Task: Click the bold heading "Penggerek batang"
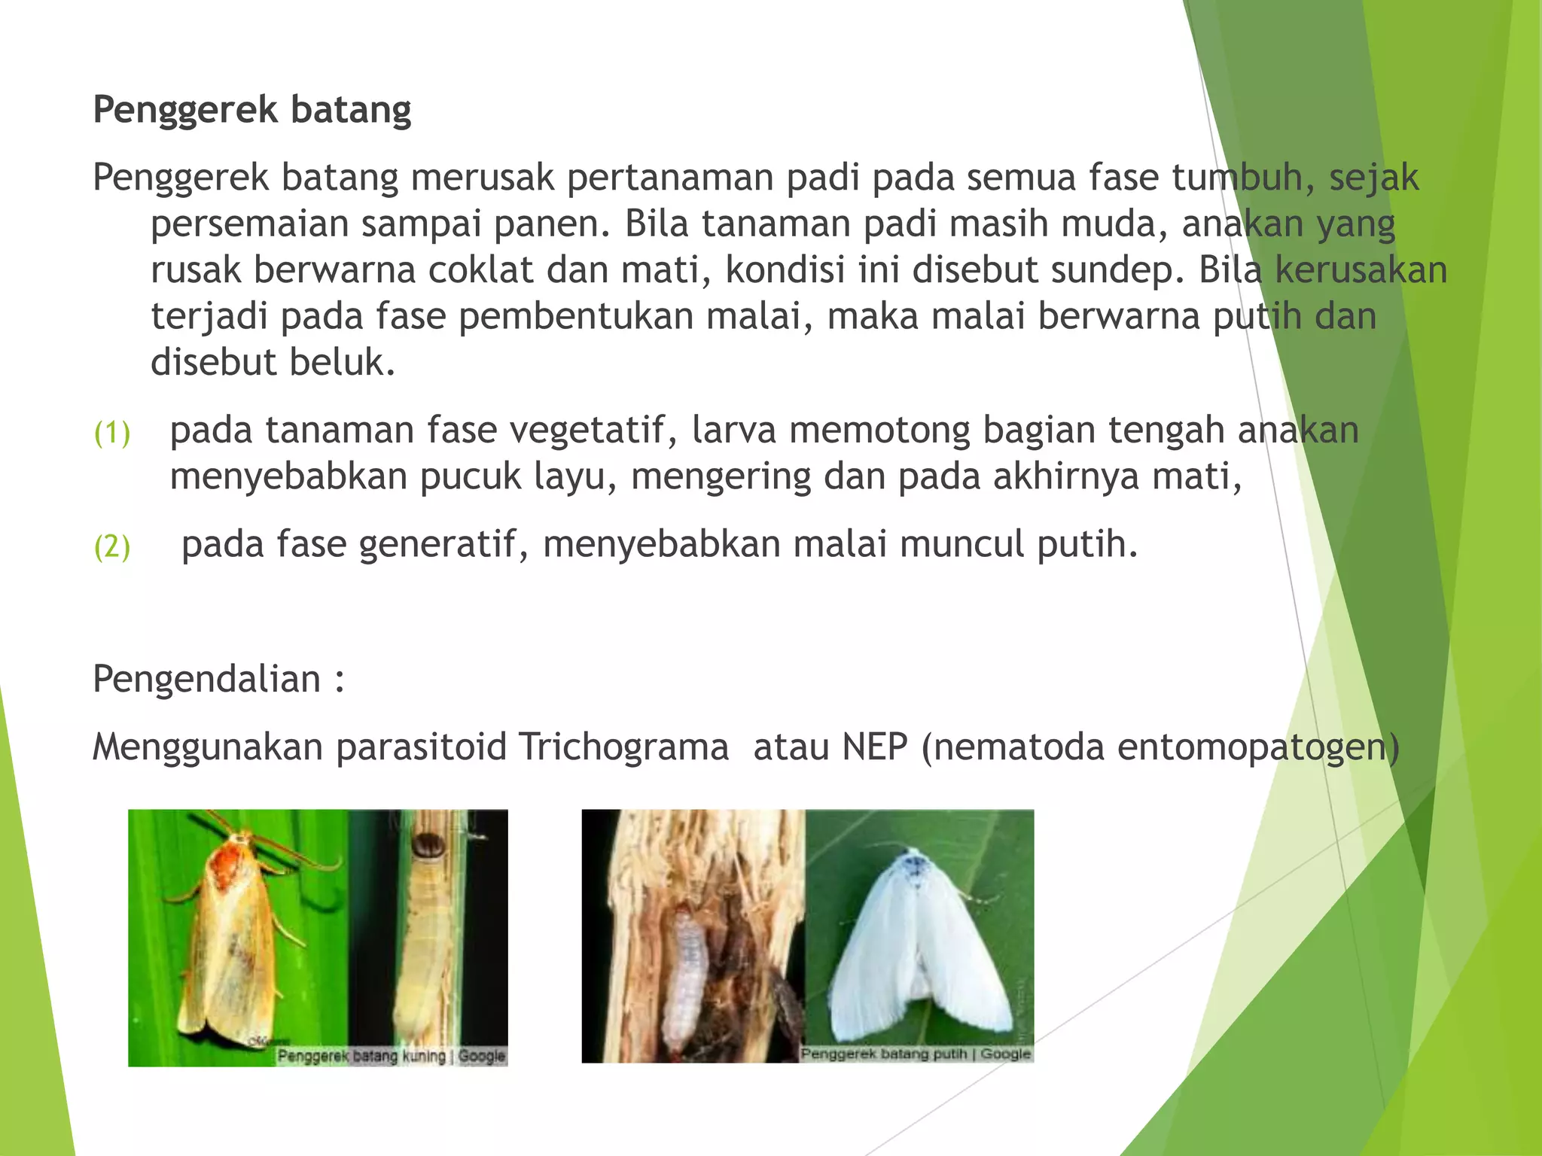click(251, 110)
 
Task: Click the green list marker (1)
click(112, 433)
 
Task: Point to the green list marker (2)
click(112, 546)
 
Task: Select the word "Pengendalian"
click(207, 680)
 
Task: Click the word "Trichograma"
click(623, 747)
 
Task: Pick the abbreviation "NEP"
click(875, 747)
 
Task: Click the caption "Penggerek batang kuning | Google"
click(391, 1056)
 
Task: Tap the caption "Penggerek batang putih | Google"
click(915, 1054)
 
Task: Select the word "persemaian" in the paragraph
click(249, 224)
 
